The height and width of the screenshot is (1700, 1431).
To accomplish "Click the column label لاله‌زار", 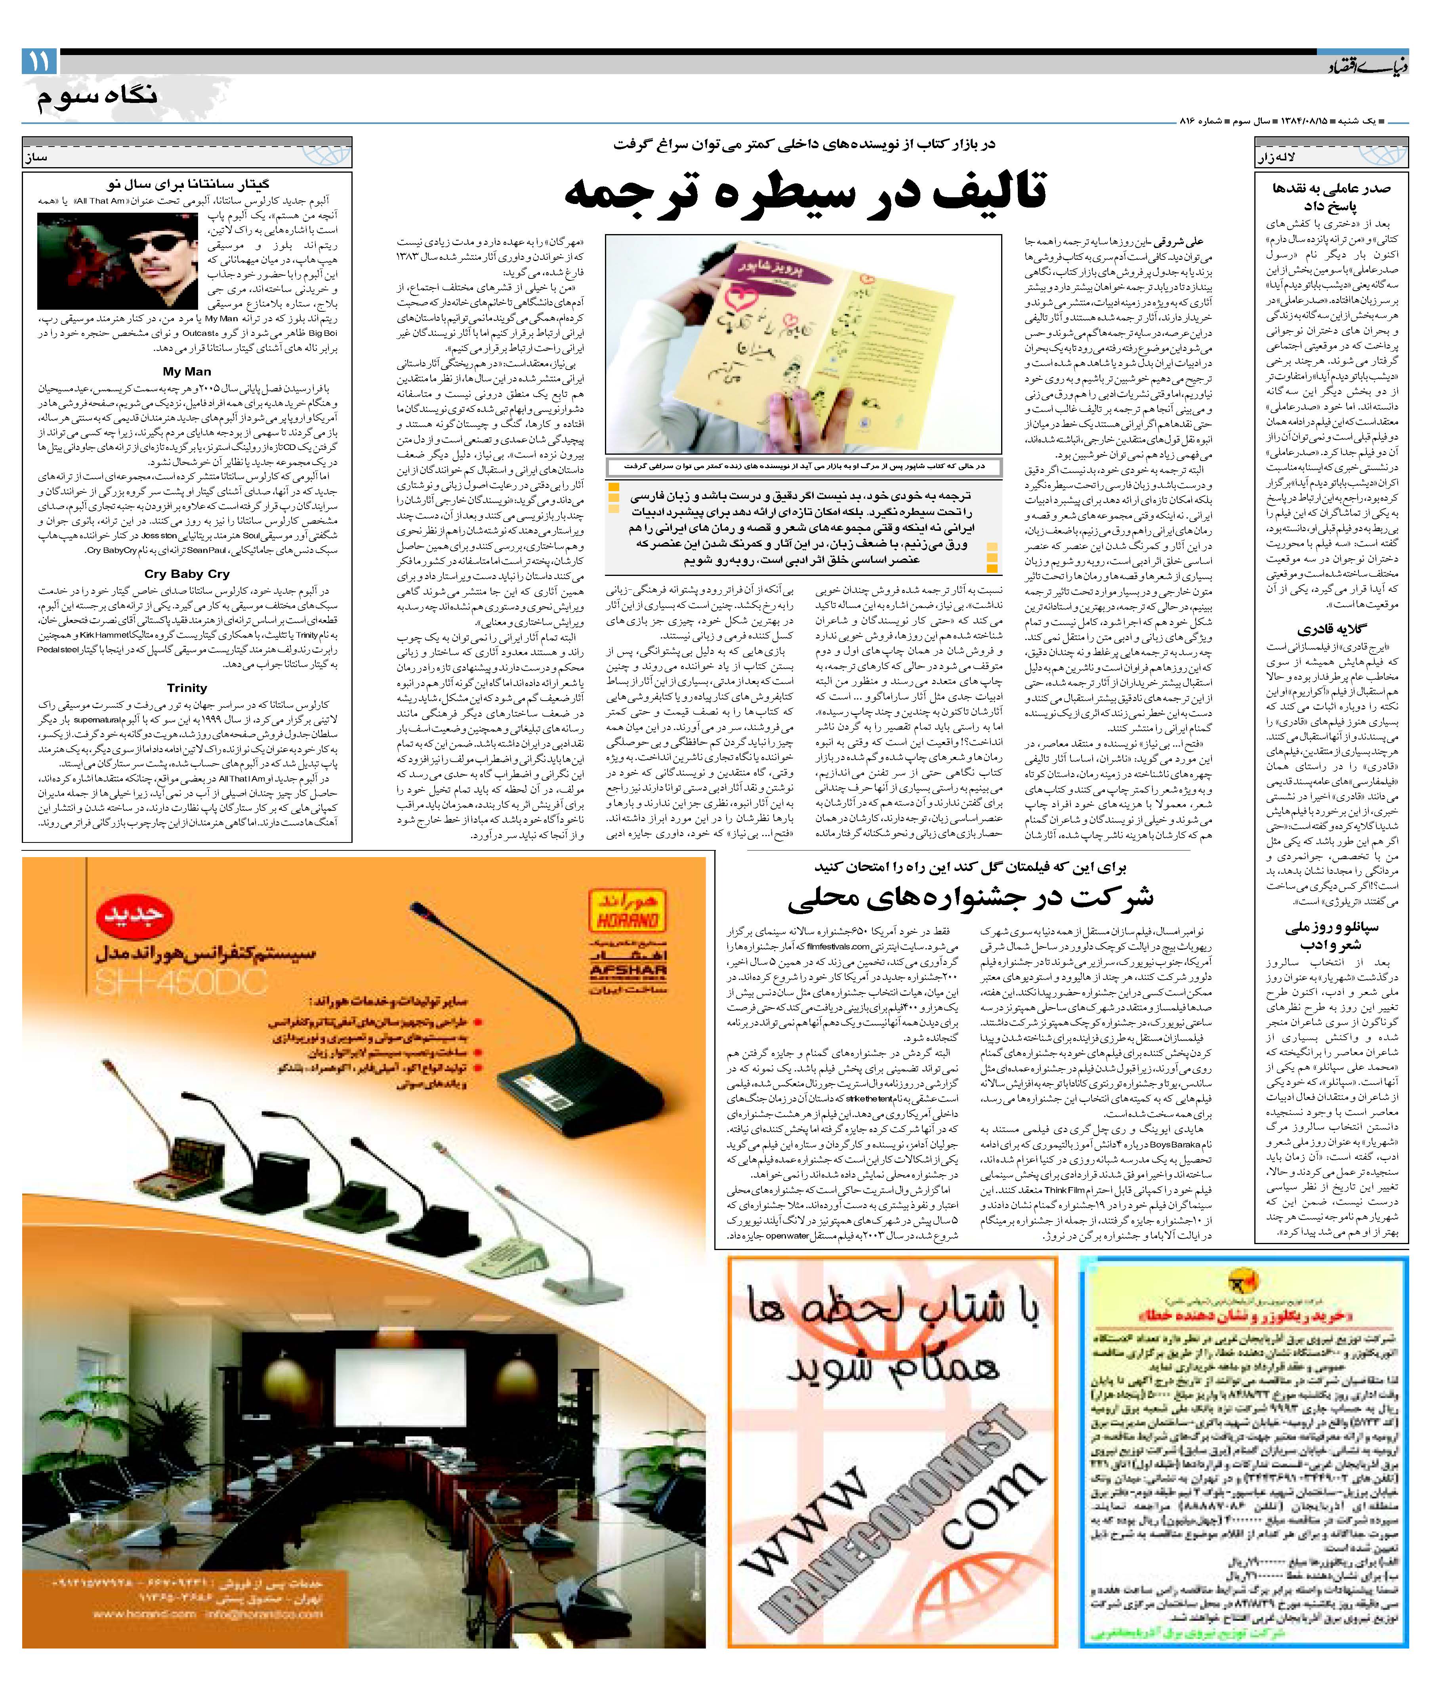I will (x=1277, y=158).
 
